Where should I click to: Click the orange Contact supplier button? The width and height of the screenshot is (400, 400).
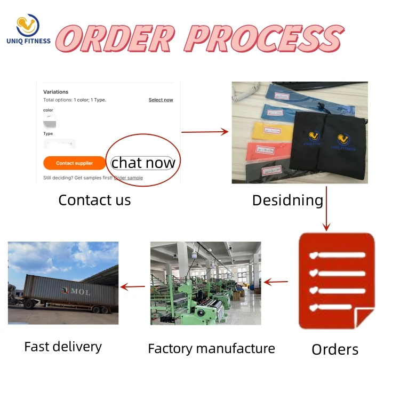pos(74,163)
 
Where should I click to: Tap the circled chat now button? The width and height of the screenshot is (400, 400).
pos(143,163)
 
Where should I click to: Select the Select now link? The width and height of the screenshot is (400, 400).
pos(161,100)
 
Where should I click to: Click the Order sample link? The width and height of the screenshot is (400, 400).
pos(129,178)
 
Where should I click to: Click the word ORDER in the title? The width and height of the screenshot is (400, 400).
pos(115,38)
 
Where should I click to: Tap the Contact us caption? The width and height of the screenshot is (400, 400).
pos(94,200)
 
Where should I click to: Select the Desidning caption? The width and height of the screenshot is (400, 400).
pos(287,200)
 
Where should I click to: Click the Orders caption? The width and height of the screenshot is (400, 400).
pos(334,349)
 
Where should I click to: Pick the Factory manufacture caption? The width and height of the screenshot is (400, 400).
pos(211,349)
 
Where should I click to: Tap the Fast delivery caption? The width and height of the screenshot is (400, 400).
pos(63,347)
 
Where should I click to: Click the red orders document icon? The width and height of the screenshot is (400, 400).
pos(336,280)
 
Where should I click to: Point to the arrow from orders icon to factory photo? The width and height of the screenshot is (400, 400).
pos(276,282)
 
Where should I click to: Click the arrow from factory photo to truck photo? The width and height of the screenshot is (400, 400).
pos(133,286)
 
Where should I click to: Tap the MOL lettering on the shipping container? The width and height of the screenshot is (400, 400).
pos(78,291)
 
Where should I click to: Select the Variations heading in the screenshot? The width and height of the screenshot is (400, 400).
pos(56,92)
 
